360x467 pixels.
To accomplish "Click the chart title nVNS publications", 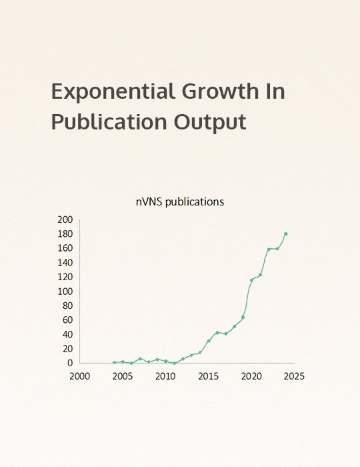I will point(180,201).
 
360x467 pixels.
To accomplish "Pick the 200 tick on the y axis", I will point(65,219).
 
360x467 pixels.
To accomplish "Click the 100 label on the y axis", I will point(65,291).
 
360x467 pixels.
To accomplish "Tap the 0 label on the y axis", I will point(69,363).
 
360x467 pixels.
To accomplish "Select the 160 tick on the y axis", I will point(65,248).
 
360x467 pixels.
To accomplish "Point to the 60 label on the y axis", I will point(67,320).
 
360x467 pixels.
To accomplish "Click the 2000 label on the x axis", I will point(80,376).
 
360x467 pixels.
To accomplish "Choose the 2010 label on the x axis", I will point(165,376).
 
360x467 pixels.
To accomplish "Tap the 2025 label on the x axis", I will point(294,376).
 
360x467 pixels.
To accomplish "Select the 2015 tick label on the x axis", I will point(209,376).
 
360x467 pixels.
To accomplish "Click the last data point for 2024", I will point(286,233).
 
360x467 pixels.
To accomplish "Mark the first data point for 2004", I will point(114,362).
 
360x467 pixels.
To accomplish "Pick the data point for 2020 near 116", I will point(251,280).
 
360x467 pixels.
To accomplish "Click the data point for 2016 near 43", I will point(217,332).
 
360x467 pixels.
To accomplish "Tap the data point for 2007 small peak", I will point(140,358).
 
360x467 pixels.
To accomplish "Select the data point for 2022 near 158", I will point(269,250).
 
